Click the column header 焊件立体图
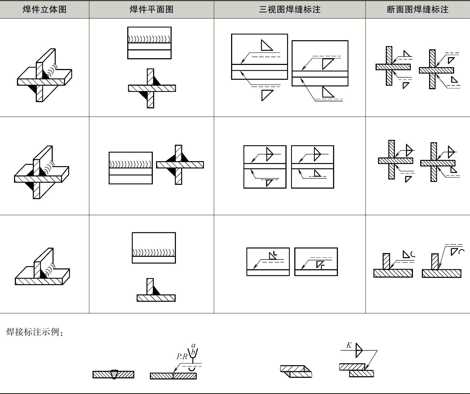pos(44,9)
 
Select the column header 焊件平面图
pos(151,9)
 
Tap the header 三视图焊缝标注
pos(290,9)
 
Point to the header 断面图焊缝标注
pos(418,9)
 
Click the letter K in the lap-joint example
pos(349,345)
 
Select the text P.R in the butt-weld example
pos(182,357)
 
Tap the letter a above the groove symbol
pos(193,345)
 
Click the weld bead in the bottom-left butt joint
pos(114,374)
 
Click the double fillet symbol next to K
pos(359,350)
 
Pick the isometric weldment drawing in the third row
pos(42,267)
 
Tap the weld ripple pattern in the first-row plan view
pos(149,39)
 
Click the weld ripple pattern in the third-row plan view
pos(154,253)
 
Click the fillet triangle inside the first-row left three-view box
pos(266,45)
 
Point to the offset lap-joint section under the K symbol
pos(356,370)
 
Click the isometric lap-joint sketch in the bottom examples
pos(296,371)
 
